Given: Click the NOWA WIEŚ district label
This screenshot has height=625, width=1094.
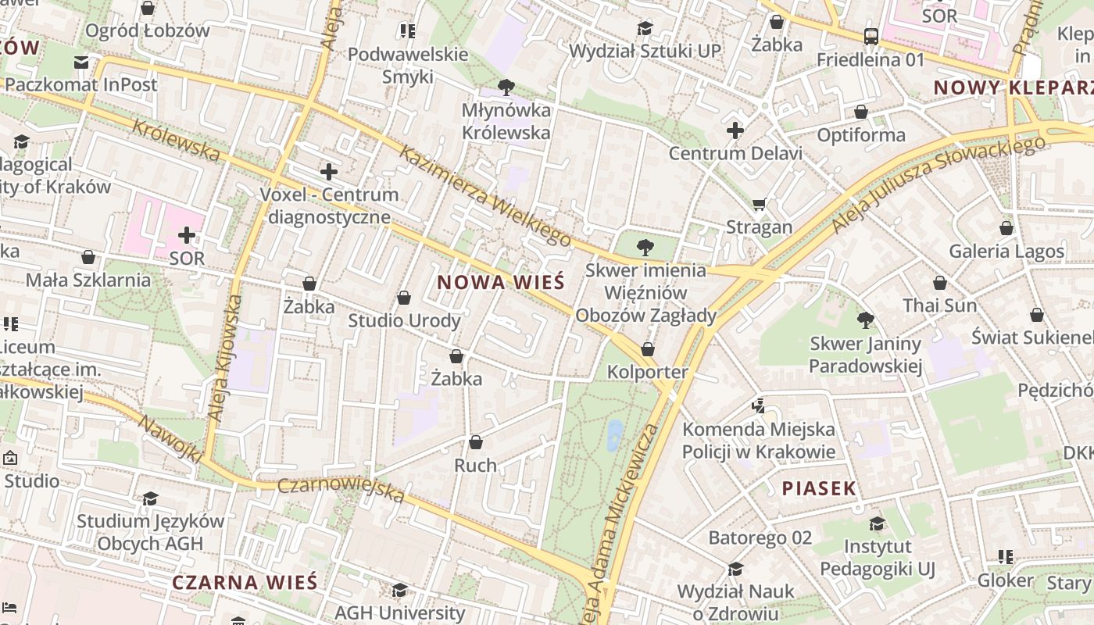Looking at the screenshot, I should tap(500, 283).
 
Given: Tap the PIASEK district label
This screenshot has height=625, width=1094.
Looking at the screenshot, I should tap(819, 489).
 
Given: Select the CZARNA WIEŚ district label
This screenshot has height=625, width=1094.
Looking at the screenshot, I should tap(245, 583).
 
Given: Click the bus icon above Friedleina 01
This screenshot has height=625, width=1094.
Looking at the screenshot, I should tap(871, 36).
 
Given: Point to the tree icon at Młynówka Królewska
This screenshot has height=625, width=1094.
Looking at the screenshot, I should tap(506, 87).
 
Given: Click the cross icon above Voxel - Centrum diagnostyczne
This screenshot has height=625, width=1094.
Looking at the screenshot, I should tap(329, 171).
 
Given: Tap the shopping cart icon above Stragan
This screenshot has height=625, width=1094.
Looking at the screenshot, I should tap(759, 205).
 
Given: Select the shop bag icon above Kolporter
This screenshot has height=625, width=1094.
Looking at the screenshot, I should tap(648, 349).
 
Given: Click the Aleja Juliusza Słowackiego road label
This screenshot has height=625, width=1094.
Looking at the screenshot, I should tap(938, 184).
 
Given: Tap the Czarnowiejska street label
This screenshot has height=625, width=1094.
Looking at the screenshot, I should tap(341, 490).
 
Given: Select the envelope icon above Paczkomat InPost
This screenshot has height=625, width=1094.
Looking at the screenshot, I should tap(81, 62).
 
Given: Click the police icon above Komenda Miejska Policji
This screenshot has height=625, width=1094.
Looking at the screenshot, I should tap(757, 405).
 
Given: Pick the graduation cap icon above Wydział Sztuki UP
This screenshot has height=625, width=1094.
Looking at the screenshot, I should tap(644, 28).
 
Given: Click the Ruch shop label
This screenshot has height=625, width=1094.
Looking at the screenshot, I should tap(475, 466).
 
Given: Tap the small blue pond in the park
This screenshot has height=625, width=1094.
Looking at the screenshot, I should tap(615, 435).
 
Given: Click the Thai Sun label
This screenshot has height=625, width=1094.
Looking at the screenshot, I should tap(940, 305).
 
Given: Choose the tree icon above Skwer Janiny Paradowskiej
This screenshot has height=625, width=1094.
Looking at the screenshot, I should tap(865, 320).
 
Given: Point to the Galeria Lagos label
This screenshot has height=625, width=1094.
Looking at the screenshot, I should tap(1006, 252).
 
